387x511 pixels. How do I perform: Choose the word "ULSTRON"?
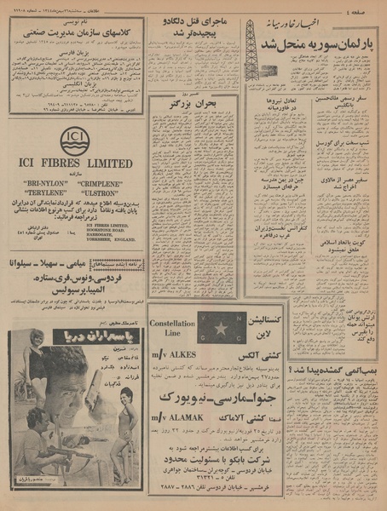[102, 192]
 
